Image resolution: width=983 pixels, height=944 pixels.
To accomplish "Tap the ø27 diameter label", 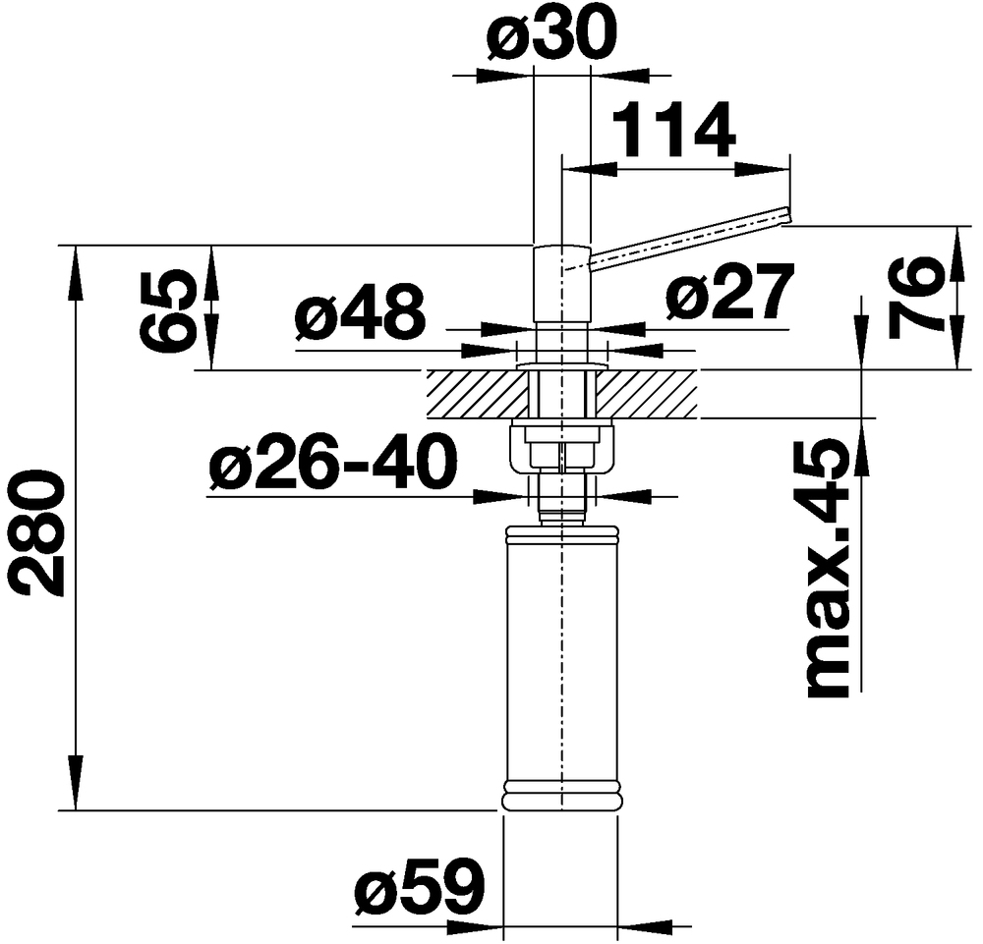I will click(x=728, y=294).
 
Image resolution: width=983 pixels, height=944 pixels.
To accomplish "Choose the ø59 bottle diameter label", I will click(x=420, y=889).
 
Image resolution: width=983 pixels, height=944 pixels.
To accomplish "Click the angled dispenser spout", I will click(x=688, y=237).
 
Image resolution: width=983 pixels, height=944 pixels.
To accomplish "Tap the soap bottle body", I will click(x=561, y=658).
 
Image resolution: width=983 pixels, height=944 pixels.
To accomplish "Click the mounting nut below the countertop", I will click(x=560, y=447).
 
